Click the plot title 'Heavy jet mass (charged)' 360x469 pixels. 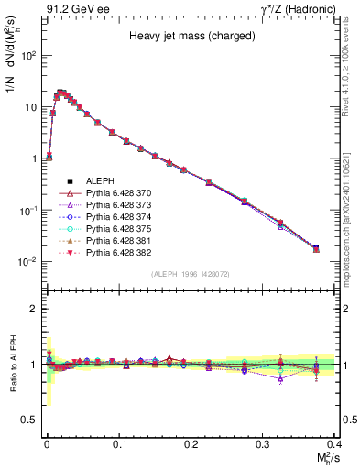[x=186, y=38]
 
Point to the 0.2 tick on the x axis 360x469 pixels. [x=191, y=443]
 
